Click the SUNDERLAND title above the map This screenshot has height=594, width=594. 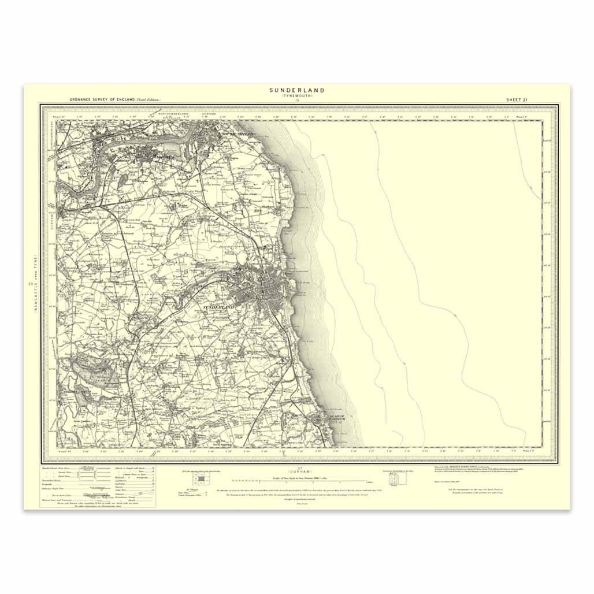297,90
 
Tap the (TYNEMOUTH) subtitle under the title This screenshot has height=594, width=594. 297,96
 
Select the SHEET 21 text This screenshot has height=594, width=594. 517,100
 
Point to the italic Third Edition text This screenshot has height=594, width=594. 148,100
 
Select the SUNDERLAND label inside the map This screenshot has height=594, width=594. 219,308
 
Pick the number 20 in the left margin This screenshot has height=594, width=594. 29,283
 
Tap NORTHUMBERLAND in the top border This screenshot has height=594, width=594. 179,114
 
